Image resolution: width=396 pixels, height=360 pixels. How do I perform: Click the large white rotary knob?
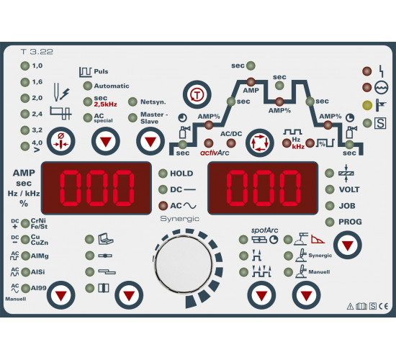pyautogui.click(x=184, y=264)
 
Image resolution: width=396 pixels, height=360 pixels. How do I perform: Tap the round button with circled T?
pyautogui.click(x=197, y=95)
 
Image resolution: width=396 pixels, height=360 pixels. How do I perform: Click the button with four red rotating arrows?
pyautogui.click(x=260, y=143)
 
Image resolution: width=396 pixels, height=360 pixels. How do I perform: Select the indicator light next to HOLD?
pyautogui.click(x=163, y=174)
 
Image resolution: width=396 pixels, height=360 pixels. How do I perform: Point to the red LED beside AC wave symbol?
pyautogui.click(x=163, y=206)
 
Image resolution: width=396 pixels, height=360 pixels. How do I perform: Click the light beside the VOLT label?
pyautogui.click(x=330, y=189)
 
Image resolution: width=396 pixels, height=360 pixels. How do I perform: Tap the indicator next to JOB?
pyautogui.click(x=330, y=206)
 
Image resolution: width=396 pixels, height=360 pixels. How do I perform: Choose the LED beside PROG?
pyautogui.click(x=330, y=222)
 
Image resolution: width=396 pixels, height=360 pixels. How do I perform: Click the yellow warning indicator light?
pyautogui.click(x=367, y=105)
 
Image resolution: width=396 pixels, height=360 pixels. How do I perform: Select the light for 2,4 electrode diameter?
pyautogui.click(x=24, y=114)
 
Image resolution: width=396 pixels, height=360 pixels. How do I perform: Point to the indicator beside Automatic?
pyautogui.click(x=87, y=86)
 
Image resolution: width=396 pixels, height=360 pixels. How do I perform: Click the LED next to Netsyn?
pyautogui.click(x=132, y=102)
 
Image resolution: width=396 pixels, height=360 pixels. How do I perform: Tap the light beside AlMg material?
pyautogui.click(x=25, y=256)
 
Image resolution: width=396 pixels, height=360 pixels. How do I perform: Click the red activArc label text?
pyautogui.click(x=215, y=153)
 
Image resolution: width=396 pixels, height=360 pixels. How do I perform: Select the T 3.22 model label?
pyautogui.click(x=37, y=52)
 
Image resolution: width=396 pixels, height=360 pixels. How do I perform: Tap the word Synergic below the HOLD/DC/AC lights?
pyautogui.click(x=179, y=219)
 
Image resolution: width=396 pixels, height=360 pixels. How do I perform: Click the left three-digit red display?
pyautogui.click(x=96, y=188)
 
